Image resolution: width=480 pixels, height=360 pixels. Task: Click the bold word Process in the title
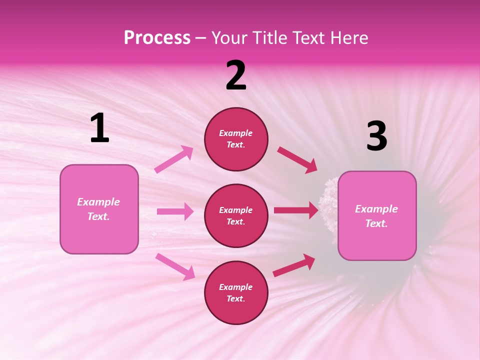[157, 38]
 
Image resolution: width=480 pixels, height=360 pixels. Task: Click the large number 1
[99, 128]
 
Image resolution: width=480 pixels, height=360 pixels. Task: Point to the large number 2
[236, 75]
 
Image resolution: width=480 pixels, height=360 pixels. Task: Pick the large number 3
[376, 136]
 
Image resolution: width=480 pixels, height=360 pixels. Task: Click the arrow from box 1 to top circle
[174, 159]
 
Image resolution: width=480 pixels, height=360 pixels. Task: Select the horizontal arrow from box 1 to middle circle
[175, 211]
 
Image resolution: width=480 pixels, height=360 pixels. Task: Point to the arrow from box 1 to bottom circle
[175, 266]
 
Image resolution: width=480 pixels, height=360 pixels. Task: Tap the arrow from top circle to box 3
[297, 160]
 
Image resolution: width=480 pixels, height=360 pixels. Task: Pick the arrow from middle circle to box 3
[296, 210]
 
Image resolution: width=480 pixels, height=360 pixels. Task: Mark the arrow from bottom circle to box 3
[294, 265]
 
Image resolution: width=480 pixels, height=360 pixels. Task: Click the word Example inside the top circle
[235, 133]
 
